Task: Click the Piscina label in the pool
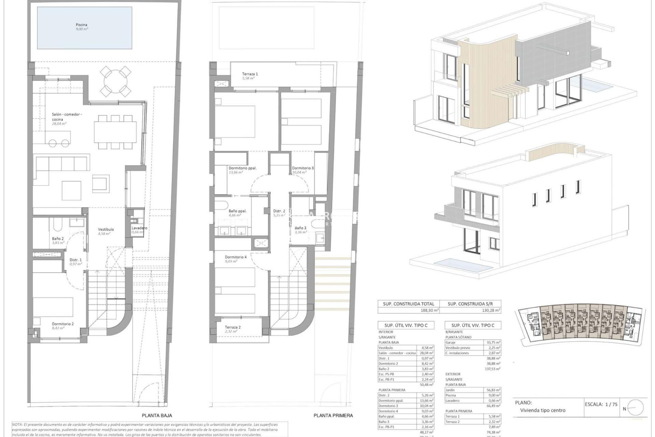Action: point(82,25)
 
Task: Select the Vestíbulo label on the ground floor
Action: point(106,229)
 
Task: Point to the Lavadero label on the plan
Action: point(139,228)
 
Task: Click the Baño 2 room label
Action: point(58,239)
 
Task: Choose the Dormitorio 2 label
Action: point(63,324)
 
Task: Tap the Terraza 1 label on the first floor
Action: point(250,74)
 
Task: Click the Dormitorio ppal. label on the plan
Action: point(242,168)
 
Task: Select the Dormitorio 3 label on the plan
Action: point(303,168)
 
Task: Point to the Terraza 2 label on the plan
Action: point(233,327)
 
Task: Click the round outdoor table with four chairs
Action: point(116,81)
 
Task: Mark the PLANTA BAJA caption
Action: point(157,415)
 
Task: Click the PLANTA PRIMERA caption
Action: point(333,415)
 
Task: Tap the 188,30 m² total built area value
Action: point(430,310)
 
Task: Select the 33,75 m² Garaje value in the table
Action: point(493,342)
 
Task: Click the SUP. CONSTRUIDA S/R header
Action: point(470,304)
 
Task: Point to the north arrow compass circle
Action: point(635,408)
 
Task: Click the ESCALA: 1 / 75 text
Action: point(601,404)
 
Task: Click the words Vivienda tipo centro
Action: point(542,410)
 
